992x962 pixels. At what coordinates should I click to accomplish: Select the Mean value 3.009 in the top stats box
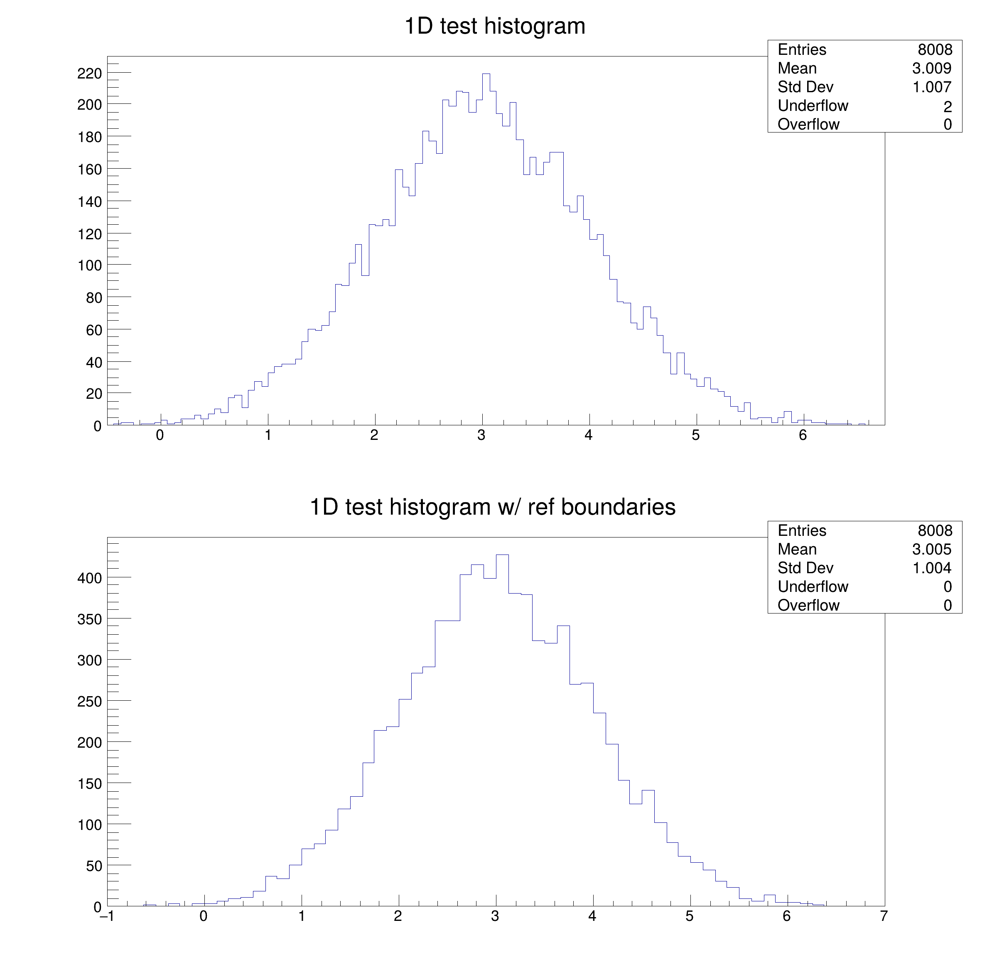pyautogui.click(x=931, y=68)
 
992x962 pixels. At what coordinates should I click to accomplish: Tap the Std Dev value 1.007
pyautogui.click(x=931, y=87)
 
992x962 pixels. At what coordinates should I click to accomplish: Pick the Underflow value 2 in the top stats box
pyautogui.click(x=948, y=106)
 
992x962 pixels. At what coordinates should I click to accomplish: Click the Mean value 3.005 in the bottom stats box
pyautogui.click(x=931, y=549)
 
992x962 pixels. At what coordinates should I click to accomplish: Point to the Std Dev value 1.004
pyautogui.click(x=931, y=568)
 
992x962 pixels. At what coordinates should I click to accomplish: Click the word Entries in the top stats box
pyautogui.click(x=802, y=49)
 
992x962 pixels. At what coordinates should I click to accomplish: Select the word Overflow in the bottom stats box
pyautogui.click(x=808, y=605)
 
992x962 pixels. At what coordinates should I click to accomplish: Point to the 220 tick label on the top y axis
pyautogui.click(x=90, y=74)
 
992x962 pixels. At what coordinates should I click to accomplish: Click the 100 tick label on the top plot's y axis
pyautogui.click(x=90, y=265)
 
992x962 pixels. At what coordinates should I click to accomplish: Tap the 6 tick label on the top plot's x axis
pyautogui.click(x=803, y=435)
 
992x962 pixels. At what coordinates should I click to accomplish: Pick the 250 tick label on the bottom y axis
pyautogui.click(x=90, y=702)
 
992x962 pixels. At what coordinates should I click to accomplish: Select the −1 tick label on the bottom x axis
pyautogui.click(x=106, y=916)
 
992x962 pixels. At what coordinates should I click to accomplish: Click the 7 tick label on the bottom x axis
pyautogui.click(x=884, y=916)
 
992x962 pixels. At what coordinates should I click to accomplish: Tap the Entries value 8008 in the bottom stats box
pyautogui.click(x=935, y=530)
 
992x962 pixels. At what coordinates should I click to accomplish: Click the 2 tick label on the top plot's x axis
pyautogui.click(x=374, y=435)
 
